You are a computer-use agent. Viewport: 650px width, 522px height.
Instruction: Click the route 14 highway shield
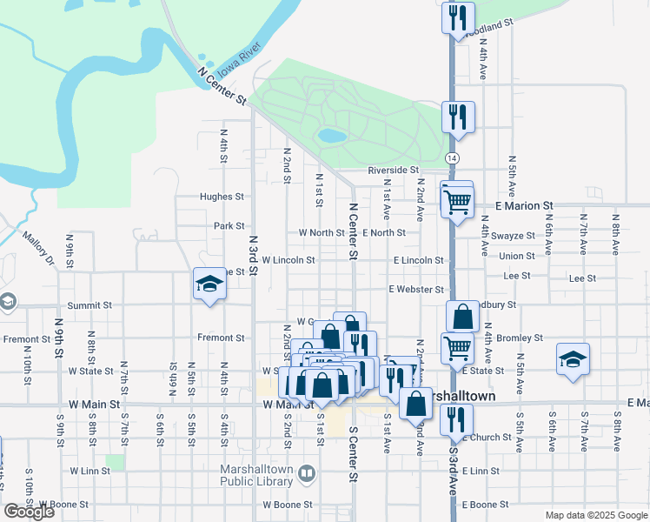(x=452, y=157)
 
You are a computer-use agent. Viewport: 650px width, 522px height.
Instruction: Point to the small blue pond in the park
(x=331, y=136)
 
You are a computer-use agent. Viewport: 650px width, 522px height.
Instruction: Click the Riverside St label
(x=393, y=171)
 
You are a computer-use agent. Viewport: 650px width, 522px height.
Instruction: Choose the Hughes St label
(x=222, y=197)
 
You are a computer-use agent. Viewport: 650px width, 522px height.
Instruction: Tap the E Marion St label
(x=524, y=205)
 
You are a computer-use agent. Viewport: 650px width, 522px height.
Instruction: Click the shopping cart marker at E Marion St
(x=456, y=201)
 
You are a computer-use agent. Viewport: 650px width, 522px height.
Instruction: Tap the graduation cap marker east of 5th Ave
(x=573, y=358)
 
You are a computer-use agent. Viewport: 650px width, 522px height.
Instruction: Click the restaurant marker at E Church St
(x=456, y=421)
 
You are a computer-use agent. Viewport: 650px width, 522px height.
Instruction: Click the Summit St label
(x=90, y=305)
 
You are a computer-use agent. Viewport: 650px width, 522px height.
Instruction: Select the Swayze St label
(x=514, y=236)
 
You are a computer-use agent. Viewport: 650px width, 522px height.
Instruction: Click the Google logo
(x=29, y=512)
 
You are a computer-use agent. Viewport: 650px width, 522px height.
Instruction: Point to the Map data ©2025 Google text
(x=595, y=515)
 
